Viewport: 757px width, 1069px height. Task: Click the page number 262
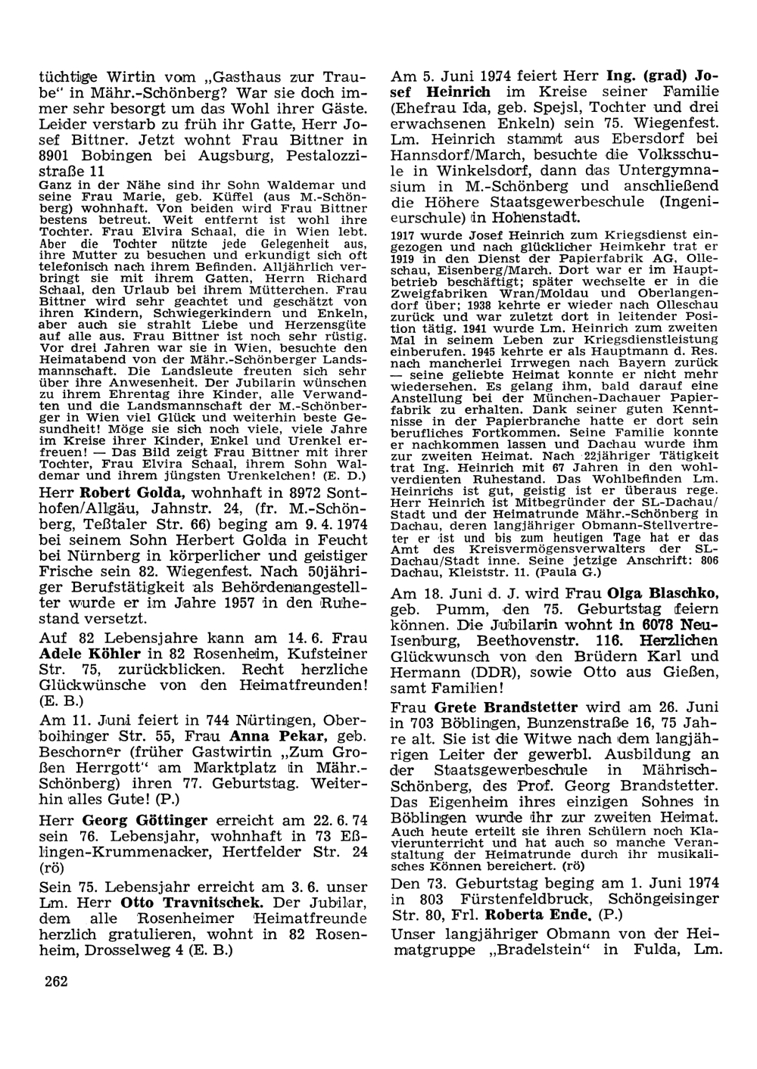(57, 981)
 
